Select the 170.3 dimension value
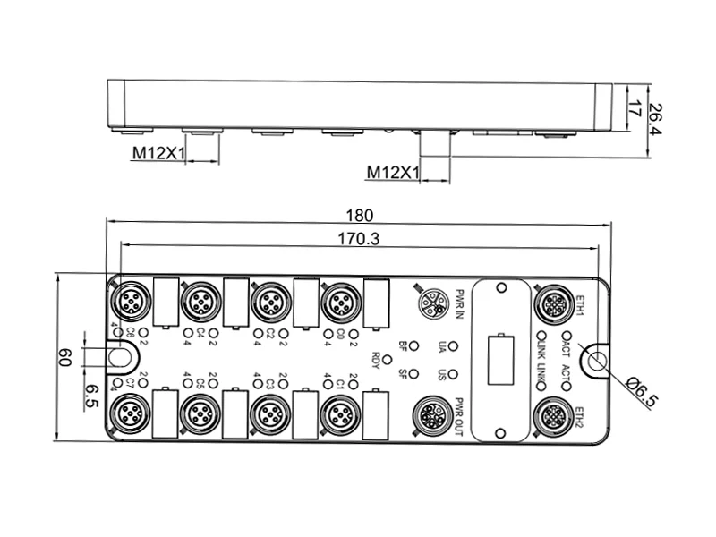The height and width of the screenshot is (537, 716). (x=360, y=239)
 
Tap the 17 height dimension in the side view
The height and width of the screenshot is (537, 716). (x=633, y=110)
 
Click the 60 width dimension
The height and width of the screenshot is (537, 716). (x=66, y=357)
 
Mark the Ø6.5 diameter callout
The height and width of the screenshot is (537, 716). (x=643, y=390)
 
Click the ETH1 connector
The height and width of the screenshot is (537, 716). (x=551, y=303)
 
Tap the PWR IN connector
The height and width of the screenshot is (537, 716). (x=434, y=303)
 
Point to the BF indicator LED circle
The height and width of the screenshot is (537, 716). (x=414, y=345)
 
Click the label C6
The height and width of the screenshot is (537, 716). (x=131, y=335)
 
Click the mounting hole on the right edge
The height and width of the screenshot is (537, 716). (x=594, y=360)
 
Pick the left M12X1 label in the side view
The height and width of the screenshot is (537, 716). (x=158, y=153)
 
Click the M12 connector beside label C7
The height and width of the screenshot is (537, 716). (x=130, y=413)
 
